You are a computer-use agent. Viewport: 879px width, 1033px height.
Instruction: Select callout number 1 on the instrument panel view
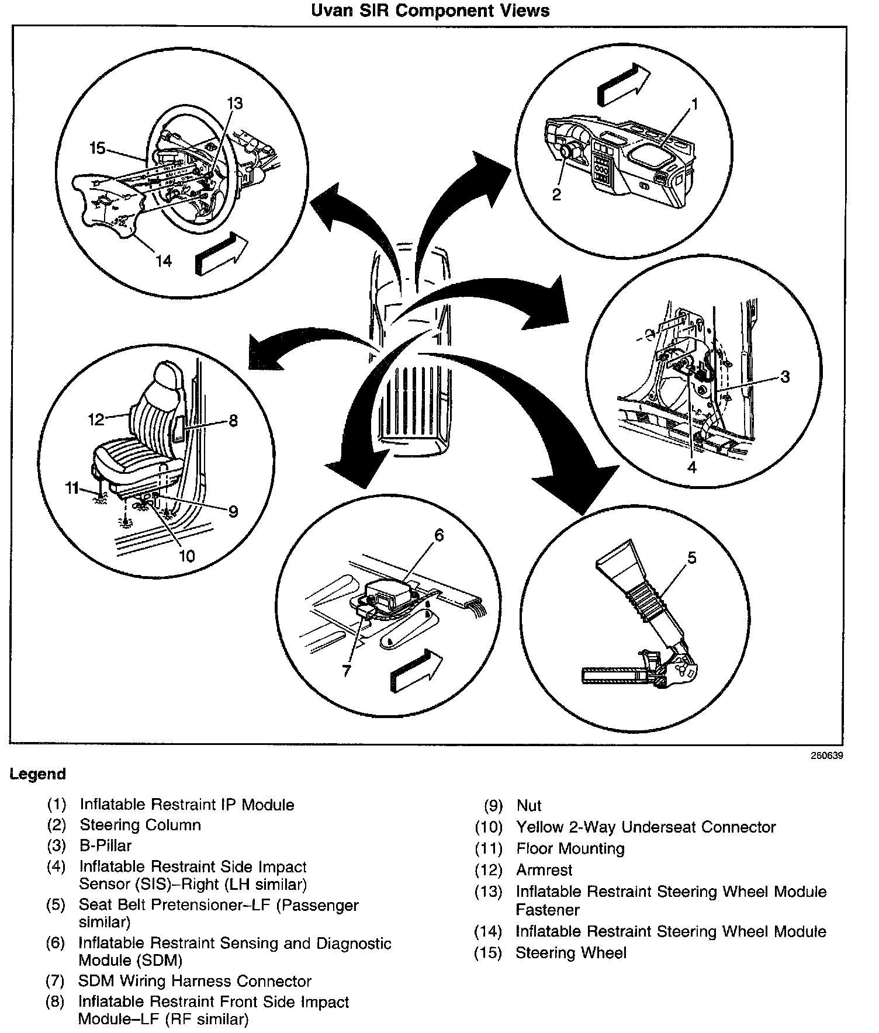click(x=694, y=104)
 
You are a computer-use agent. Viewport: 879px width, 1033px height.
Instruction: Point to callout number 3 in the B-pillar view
click(x=785, y=377)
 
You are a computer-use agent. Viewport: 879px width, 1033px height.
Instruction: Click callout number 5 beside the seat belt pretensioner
click(x=692, y=558)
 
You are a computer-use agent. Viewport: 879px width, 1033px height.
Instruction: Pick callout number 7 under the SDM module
click(x=347, y=671)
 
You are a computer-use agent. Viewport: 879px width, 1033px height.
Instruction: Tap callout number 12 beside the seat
click(x=96, y=419)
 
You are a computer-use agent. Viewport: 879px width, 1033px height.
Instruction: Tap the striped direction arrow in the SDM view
click(x=416, y=671)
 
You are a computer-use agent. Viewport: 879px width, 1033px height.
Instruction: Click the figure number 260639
click(x=826, y=755)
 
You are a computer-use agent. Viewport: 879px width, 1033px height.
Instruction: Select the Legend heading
click(x=37, y=774)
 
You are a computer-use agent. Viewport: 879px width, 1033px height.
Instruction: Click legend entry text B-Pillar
click(x=106, y=845)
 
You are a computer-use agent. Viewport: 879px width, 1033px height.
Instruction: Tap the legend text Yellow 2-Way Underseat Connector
click(x=646, y=827)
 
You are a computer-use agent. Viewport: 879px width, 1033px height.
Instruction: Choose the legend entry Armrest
click(x=544, y=870)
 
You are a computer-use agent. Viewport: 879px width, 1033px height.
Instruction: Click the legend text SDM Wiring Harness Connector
click(x=195, y=981)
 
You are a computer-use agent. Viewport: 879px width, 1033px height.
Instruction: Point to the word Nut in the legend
click(x=529, y=806)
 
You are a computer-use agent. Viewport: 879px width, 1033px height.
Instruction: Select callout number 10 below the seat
click(x=186, y=555)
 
